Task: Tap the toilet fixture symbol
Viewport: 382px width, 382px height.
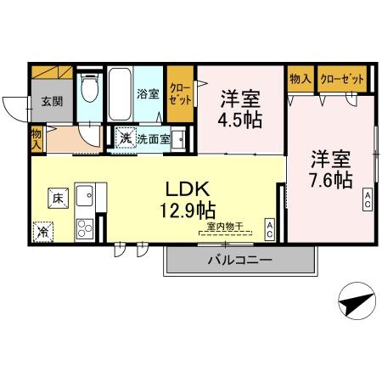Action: pos(89,88)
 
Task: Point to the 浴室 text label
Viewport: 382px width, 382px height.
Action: pos(148,94)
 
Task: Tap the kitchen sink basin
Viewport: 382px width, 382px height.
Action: pos(85,198)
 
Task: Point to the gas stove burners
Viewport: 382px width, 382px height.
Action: pos(86,228)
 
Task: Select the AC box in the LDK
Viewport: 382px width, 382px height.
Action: pos(269,228)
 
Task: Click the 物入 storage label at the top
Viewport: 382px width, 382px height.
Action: pos(300,79)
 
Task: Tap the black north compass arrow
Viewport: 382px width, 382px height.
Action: pos(356,301)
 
